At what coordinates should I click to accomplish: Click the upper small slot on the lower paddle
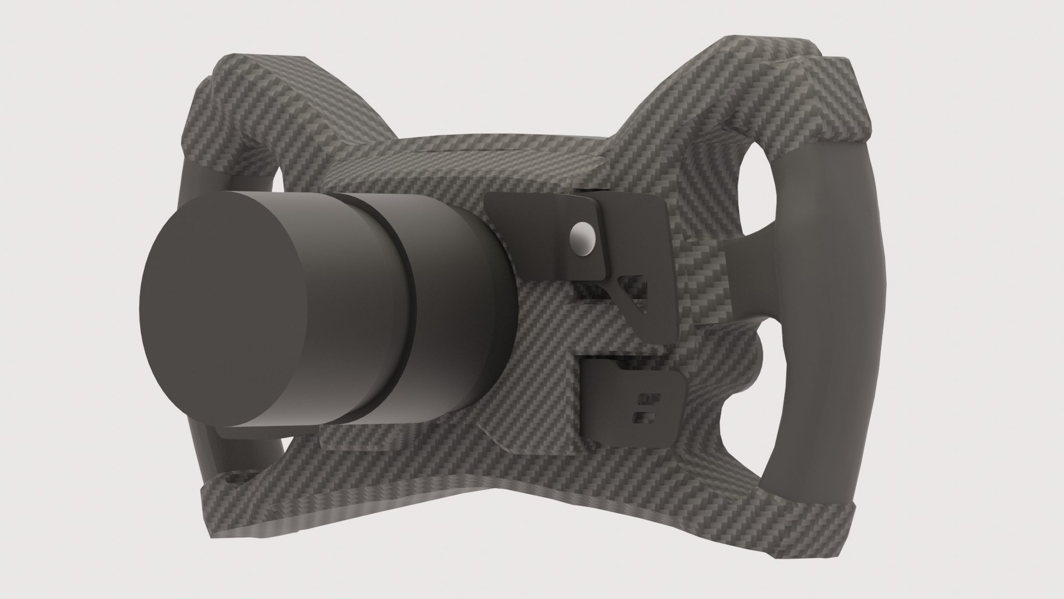[644, 397]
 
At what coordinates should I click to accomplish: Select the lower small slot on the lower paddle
[642, 415]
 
